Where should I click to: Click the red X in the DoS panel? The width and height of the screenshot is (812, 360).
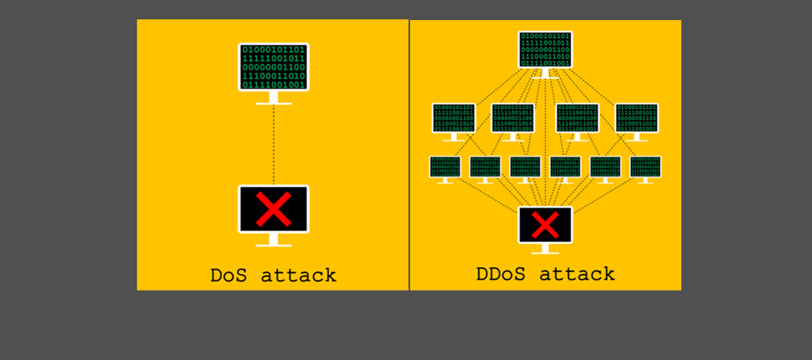[x=273, y=208]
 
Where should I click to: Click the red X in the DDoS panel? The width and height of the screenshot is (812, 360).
[x=545, y=224]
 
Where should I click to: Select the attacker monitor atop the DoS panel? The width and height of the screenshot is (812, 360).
[x=273, y=67]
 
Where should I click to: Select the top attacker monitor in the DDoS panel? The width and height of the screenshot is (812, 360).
[x=545, y=49]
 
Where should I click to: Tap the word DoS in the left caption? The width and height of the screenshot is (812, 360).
[x=229, y=275]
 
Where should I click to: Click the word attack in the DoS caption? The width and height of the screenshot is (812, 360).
[x=297, y=275]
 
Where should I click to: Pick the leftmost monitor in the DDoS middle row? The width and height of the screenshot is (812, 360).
[x=454, y=118]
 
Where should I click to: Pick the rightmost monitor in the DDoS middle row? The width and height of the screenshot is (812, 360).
[x=636, y=118]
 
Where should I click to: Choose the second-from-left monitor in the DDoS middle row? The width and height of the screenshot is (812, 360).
[x=512, y=118]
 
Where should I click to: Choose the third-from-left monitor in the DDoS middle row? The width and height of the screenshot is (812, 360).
[x=577, y=118]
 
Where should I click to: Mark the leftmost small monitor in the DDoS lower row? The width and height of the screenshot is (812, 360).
[x=445, y=167]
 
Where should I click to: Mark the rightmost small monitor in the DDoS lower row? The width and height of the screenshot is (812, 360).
[x=645, y=167]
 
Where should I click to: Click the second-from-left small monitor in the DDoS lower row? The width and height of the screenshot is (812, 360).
[x=485, y=167]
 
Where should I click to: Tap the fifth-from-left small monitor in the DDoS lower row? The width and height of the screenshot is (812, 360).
[x=604, y=167]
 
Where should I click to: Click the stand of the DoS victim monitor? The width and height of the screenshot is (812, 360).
[x=273, y=240]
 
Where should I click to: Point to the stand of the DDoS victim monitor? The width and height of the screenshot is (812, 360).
[x=545, y=249]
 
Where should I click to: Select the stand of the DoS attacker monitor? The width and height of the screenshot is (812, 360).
[x=273, y=98]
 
